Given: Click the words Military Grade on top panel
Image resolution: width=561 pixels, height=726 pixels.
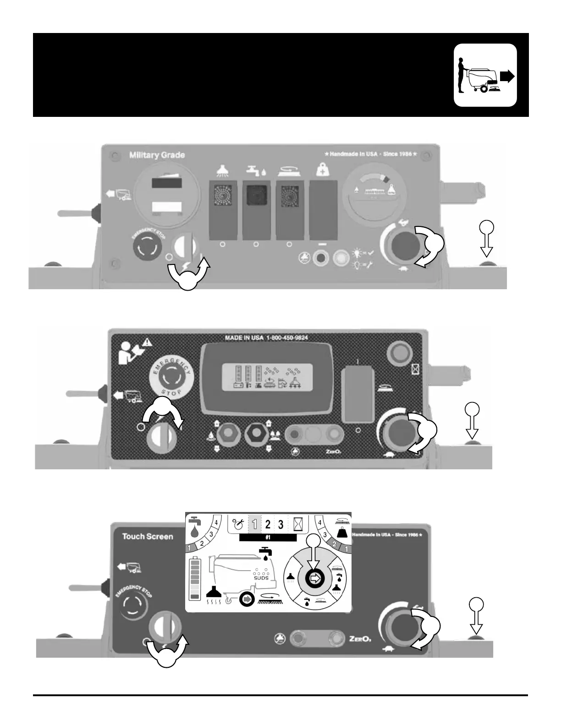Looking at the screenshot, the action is pos(157,155).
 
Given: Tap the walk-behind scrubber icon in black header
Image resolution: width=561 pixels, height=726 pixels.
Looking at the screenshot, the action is pos(485,75).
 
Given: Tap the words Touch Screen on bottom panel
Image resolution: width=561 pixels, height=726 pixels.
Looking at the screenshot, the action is pos(148,536).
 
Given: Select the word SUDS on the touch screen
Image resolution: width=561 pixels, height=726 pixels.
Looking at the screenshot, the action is pos(261,578).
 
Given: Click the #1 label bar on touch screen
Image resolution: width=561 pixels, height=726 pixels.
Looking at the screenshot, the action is pos(268,538).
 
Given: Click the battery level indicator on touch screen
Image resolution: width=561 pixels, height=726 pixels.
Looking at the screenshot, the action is pos(194,578).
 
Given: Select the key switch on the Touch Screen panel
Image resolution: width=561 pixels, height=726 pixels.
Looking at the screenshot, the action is pos(165,629).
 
